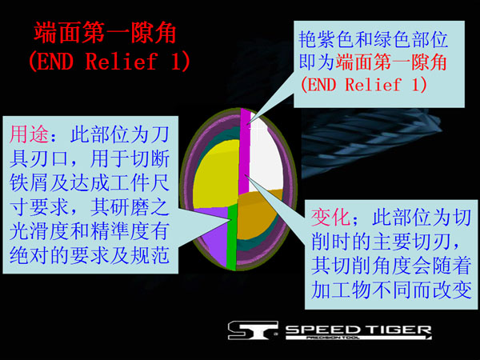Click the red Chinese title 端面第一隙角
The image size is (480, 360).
(x=105, y=33)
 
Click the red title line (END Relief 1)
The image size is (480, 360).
(x=110, y=61)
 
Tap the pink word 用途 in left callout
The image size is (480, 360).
(x=29, y=134)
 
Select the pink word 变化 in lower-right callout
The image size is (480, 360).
(x=330, y=217)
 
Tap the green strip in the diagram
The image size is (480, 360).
(x=232, y=238)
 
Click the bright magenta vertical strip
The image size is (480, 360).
(x=244, y=151)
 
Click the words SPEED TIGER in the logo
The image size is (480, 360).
(x=358, y=330)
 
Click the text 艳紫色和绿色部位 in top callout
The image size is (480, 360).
(x=373, y=39)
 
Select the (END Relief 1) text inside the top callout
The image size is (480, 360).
(x=364, y=84)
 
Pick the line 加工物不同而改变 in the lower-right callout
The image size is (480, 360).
(x=391, y=290)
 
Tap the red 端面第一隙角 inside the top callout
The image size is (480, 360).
(x=391, y=62)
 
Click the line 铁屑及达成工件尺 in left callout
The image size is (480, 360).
(x=90, y=182)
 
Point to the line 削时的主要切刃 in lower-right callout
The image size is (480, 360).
(x=386, y=242)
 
